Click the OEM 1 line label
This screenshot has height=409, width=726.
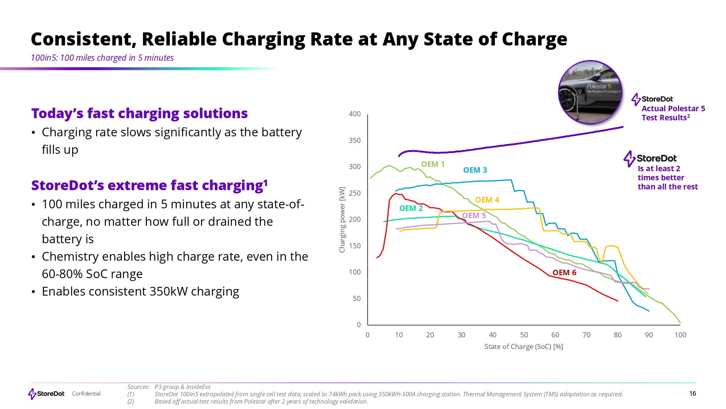click(x=433, y=164)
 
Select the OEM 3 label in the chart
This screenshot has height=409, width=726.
click(x=475, y=170)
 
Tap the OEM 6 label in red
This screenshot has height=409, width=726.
click(x=564, y=273)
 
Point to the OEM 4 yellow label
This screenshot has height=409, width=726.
click(x=487, y=200)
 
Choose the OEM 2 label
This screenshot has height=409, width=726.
click(x=411, y=208)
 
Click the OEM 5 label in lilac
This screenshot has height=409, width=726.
click(x=474, y=216)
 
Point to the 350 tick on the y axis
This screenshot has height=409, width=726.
click(x=355, y=140)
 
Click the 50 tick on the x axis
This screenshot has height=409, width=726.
click(x=524, y=335)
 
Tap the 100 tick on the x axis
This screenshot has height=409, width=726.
click(x=680, y=335)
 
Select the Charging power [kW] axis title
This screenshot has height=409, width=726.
click(x=342, y=220)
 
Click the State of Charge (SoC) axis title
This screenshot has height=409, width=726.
click(x=523, y=346)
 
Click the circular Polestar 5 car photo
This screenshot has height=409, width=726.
click(x=590, y=92)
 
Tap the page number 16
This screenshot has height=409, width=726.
click(x=692, y=393)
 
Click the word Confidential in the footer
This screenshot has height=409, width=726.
click(x=86, y=394)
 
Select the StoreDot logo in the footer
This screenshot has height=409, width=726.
click(x=46, y=394)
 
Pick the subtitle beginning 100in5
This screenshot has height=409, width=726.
click(x=102, y=58)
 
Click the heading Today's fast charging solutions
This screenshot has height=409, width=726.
click(x=139, y=113)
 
